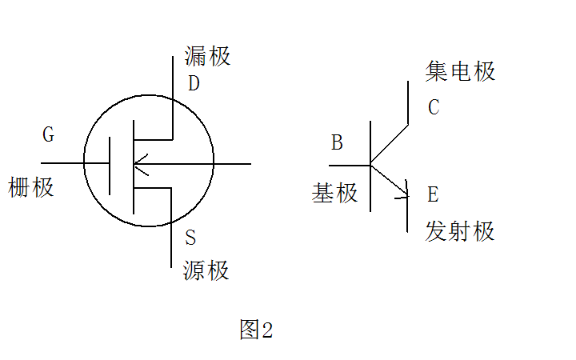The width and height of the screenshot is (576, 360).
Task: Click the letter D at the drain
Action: [x=194, y=83]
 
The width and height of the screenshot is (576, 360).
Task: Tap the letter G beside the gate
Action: [x=48, y=134]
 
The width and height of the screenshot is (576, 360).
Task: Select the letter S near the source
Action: [x=190, y=238]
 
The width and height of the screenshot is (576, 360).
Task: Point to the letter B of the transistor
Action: [x=337, y=143]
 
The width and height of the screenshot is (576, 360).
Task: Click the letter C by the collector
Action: [x=434, y=107]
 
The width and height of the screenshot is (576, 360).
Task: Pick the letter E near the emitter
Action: [x=433, y=194]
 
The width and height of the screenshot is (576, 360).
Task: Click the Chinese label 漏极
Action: [x=207, y=56]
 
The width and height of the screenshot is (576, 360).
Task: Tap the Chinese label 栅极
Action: [x=31, y=188]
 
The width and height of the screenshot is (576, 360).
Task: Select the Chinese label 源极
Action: [x=206, y=270]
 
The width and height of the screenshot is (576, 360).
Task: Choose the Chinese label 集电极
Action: [x=461, y=71]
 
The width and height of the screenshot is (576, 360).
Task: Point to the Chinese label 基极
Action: [x=335, y=193]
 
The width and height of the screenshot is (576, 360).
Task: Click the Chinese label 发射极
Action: [x=461, y=231]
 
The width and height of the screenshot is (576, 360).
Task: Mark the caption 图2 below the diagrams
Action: [x=256, y=330]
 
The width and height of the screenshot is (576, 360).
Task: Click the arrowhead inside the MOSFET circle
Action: [x=141, y=164]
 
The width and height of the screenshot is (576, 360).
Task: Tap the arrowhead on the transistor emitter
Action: [x=403, y=193]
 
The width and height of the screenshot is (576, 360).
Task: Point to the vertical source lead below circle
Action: [x=172, y=244]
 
